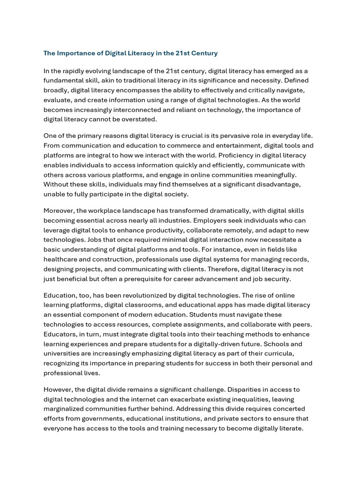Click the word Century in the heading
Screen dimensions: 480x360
point(203,53)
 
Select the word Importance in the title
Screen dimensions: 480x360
point(75,53)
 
